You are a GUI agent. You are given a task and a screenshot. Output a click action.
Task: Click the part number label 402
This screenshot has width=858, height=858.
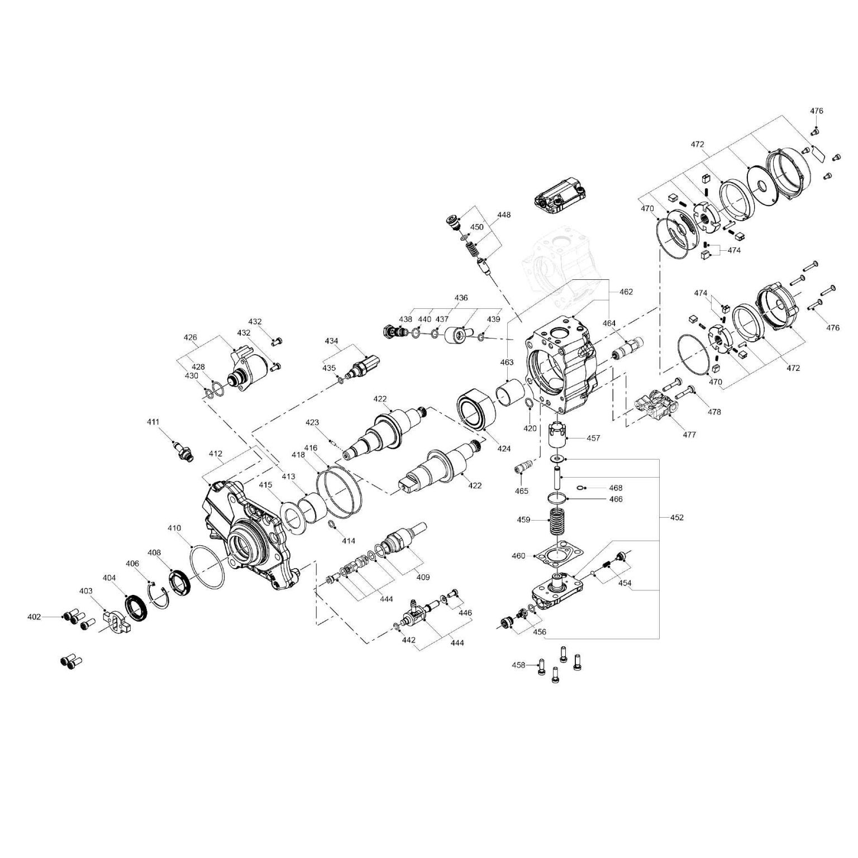[x=34, y=617]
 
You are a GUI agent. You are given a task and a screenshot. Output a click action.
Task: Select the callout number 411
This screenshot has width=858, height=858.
[x=153, y=422]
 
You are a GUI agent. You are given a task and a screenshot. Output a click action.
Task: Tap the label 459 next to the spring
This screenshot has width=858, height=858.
[x=523, y=519]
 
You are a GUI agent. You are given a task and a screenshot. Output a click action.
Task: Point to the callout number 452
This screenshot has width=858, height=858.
[x=676, y=517]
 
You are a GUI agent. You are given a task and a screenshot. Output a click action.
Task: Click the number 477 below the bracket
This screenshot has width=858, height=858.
[x=689, y=435]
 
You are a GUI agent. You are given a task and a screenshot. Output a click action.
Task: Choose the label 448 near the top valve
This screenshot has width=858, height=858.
[x=503, y=214]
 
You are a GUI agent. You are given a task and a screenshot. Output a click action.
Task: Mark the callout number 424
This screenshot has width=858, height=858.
[x=504, y=448]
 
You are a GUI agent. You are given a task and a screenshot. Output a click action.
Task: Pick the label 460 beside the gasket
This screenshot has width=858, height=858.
[x=518, y=556]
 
